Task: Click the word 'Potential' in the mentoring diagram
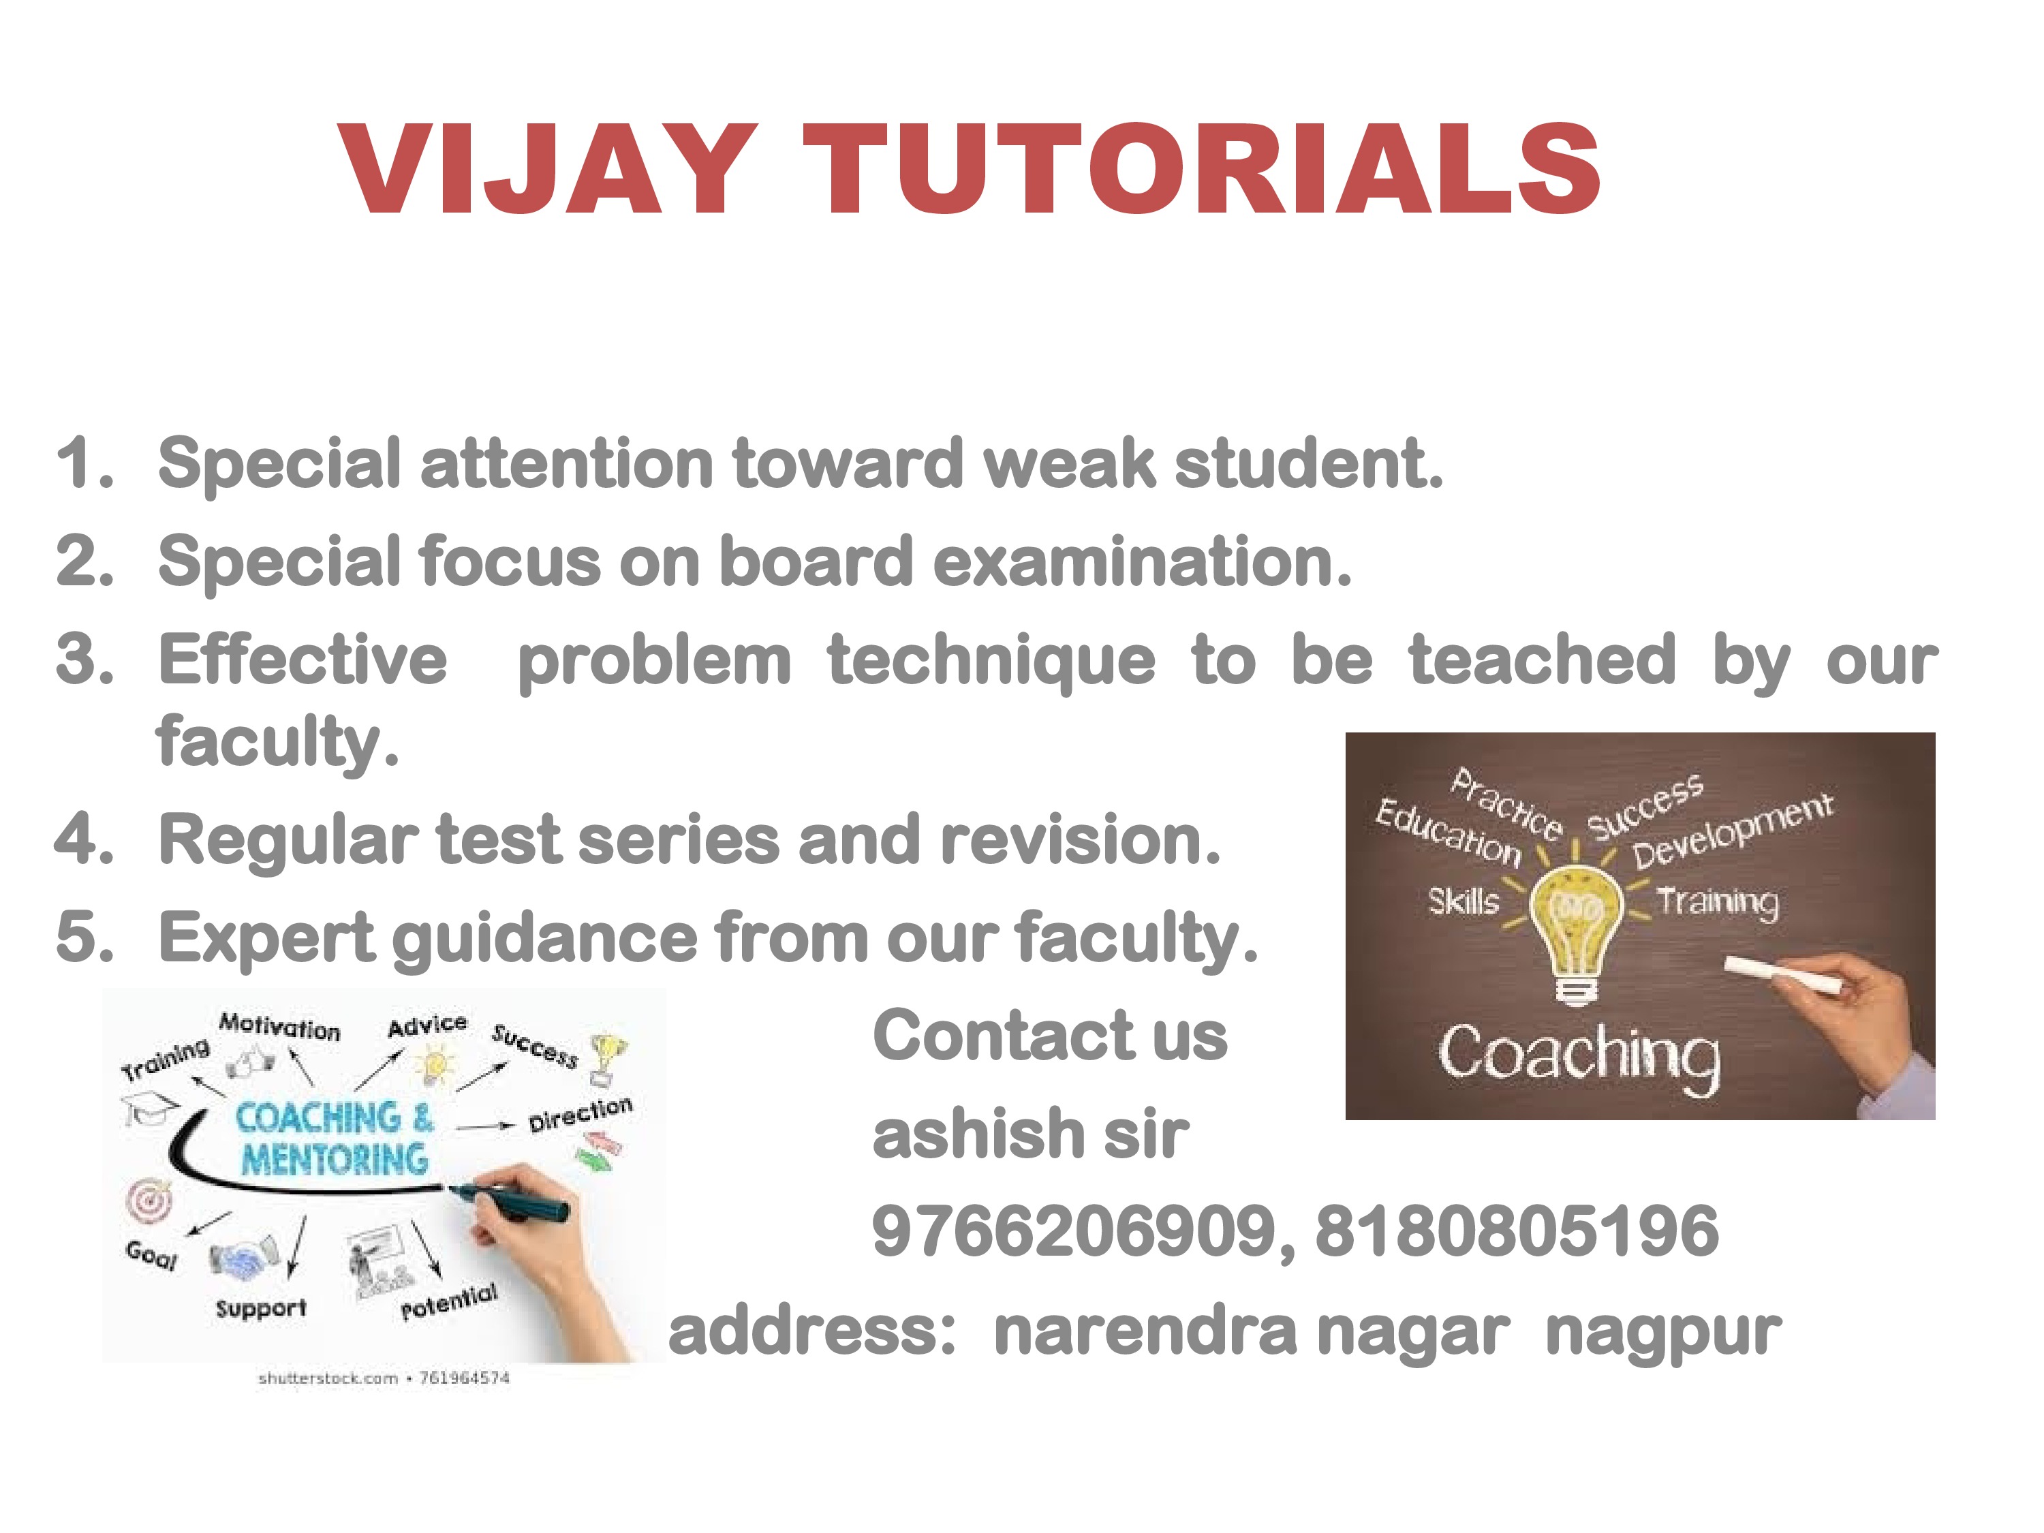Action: click(449, 1302)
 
